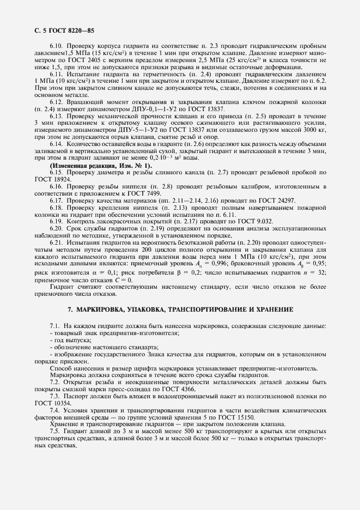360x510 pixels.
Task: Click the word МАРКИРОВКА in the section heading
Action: (107, 309)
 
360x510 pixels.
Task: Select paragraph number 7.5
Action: (56, 426)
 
